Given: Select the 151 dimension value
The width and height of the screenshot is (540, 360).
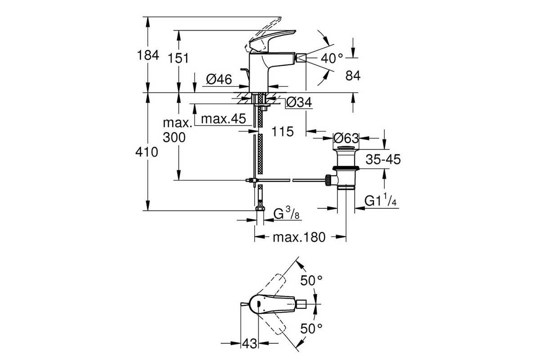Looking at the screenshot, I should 178,58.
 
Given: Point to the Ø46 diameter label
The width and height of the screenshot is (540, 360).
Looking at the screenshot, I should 219,80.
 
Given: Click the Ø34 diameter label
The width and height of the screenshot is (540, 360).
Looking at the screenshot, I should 299,103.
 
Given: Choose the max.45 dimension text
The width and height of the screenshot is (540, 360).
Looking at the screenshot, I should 223,119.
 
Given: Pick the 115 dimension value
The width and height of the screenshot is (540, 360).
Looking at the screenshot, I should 283,131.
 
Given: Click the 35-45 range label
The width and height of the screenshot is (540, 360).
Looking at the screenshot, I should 382,159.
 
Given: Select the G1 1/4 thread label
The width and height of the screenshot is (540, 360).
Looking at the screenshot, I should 380,201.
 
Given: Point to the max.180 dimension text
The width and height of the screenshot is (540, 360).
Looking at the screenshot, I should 298,237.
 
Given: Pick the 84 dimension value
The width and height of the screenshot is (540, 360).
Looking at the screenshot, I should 353,76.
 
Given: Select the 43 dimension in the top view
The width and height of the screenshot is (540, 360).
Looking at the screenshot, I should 250,343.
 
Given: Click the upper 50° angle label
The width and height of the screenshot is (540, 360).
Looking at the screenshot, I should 312,280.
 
